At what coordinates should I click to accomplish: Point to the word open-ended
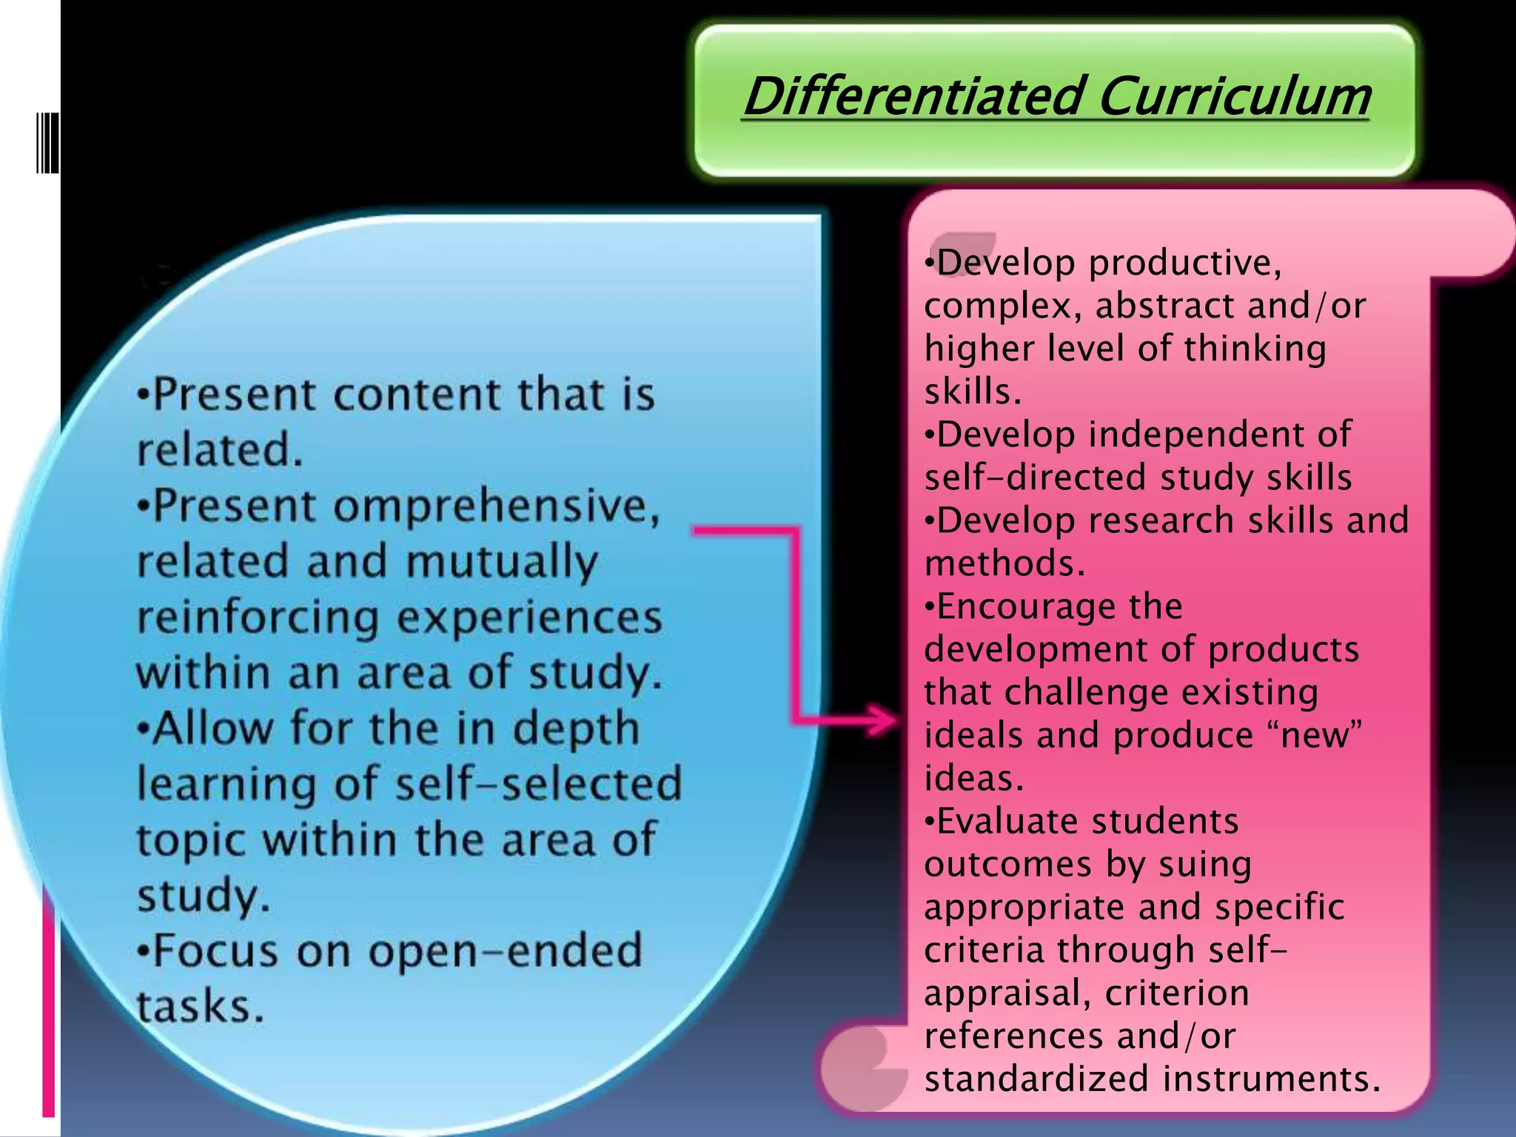point(506,951)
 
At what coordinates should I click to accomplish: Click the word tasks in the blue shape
point(200,1007)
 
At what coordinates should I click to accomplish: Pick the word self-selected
point(538,784)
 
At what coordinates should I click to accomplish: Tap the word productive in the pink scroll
point(1185,263)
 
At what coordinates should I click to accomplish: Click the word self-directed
point(1036,477)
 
